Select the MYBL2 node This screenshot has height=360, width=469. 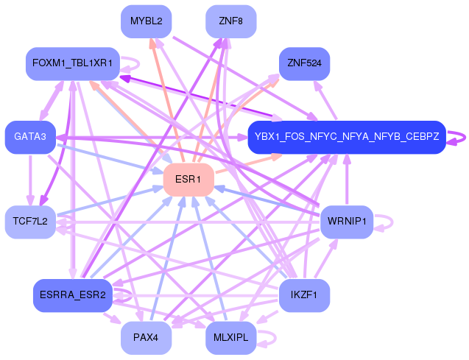(x=146, y=21)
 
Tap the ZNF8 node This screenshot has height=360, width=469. (x=231, y=21)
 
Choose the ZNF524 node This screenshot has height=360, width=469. (x=304, y=64)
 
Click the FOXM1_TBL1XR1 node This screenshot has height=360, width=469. (x=72, y=64)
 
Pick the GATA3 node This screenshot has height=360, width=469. (x=30, y=137)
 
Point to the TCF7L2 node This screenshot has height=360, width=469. (x=30, y=222)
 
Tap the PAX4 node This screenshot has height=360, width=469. (x=146, y=338)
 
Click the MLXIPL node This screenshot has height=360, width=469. (x=231, y=338)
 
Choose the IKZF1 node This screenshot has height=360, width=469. (x=304, y=295)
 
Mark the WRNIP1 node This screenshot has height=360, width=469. (x=346, y=222)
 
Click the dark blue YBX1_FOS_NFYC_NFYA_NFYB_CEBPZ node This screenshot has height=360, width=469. (x=346, y=137)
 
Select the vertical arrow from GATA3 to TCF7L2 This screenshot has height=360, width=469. (x=29, y=180)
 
